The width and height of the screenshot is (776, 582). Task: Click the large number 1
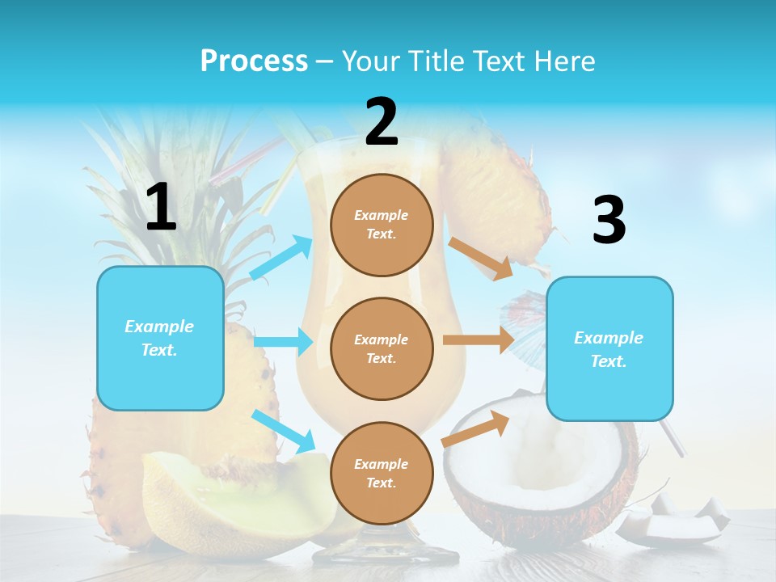pyautogui.click(x=161, y=208)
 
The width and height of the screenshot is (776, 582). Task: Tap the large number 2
pyautogui.click(x=382, y=122)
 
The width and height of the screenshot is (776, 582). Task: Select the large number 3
pyautogui.click(x=609, y=221)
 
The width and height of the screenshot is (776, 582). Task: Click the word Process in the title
pyautogui.click(x=254, y=61)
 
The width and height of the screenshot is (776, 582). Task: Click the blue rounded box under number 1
pyautogui.click(x=160, y=338)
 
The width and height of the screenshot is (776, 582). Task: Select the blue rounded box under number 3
pyautogui.click(x=609, y=348)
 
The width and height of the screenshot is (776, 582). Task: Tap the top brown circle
pyautogui.click(x=382, y=224)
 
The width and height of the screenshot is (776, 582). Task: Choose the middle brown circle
pyautogui.click(x=382, y=348)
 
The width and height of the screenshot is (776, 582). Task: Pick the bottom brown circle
pyautogui.click(x=382, y=473)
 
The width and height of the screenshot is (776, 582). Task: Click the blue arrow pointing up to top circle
pyautogui.click(x=282, y=258)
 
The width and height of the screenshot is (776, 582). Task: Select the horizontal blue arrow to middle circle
pyautogui.click(x=283, y=342)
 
